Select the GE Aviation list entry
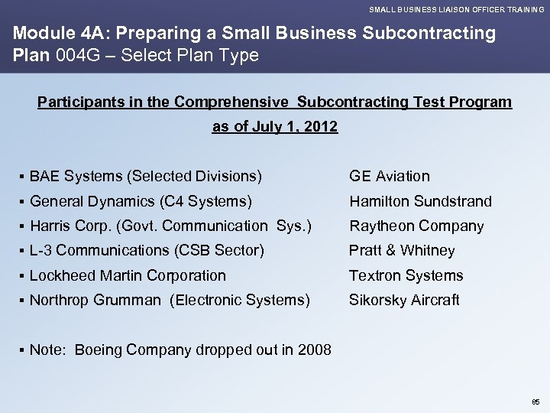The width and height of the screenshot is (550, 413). pyautogui.click(x=390, y=176)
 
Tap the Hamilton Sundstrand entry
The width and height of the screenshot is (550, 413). pyautogui.click(x=420, y=201)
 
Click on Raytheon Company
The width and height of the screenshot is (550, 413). pyautogui.click(x=416, y=226)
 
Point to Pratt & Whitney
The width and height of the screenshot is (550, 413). pyautogui.click(x=402, y=251)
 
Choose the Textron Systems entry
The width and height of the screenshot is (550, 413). pyautogui.click(x=406, y=275)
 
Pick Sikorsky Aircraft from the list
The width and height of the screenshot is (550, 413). pyautogui.click(x=404, y=301)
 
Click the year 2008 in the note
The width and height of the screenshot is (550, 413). pyautogui.click(x=315, y=350)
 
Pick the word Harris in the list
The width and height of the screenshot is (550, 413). pyautogui.click(x=50, y=226)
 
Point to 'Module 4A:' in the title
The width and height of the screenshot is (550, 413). pyautogui.click(x=53, y=34)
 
